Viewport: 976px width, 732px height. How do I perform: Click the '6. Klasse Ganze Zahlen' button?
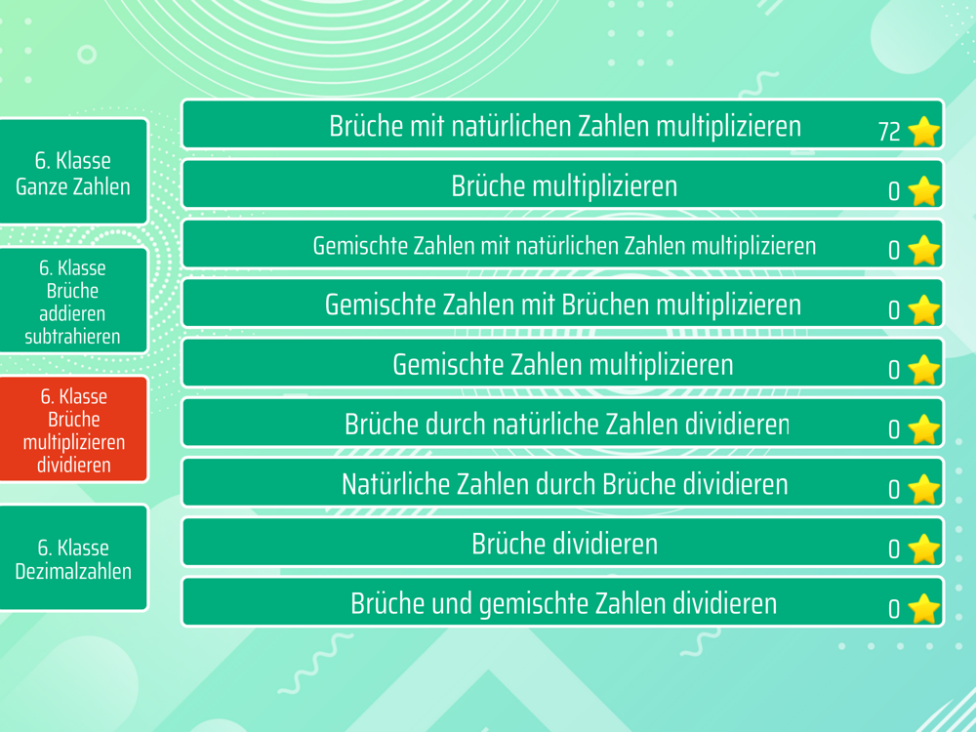point(73,171)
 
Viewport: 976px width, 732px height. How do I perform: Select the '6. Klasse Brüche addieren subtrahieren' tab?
point(73,302)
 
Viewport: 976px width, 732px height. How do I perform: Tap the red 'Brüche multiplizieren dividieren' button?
point(73,429)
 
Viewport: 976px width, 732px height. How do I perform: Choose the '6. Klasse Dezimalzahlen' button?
point(73,558)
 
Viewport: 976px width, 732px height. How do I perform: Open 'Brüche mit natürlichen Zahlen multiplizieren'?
point(563,125)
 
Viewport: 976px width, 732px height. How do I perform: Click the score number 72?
point(889,132)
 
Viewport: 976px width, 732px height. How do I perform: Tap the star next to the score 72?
point(923,132)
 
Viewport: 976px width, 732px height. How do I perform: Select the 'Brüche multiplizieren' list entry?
point(563,184)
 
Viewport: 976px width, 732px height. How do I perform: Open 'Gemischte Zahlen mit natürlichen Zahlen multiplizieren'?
point(563,244)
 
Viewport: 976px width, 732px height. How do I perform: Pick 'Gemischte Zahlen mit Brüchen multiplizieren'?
point(563,304)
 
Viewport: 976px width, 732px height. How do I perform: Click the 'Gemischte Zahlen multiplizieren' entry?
point(563,363)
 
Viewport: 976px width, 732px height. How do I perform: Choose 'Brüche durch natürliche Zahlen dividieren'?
point(563,424)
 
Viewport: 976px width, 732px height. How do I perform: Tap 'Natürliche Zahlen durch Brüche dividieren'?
point(563,483)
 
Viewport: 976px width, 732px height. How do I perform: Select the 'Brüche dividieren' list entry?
point(563,543)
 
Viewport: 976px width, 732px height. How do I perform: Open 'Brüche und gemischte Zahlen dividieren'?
point(563,602)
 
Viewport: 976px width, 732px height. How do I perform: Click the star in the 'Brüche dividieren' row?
point(923,549)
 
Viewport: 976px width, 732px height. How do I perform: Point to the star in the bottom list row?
point(923,609)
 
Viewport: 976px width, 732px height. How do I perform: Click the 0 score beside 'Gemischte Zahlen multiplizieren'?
point(894,370)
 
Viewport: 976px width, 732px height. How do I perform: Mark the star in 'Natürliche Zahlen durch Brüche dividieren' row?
point(923,489)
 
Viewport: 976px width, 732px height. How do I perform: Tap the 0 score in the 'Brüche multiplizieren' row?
point(894,191)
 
